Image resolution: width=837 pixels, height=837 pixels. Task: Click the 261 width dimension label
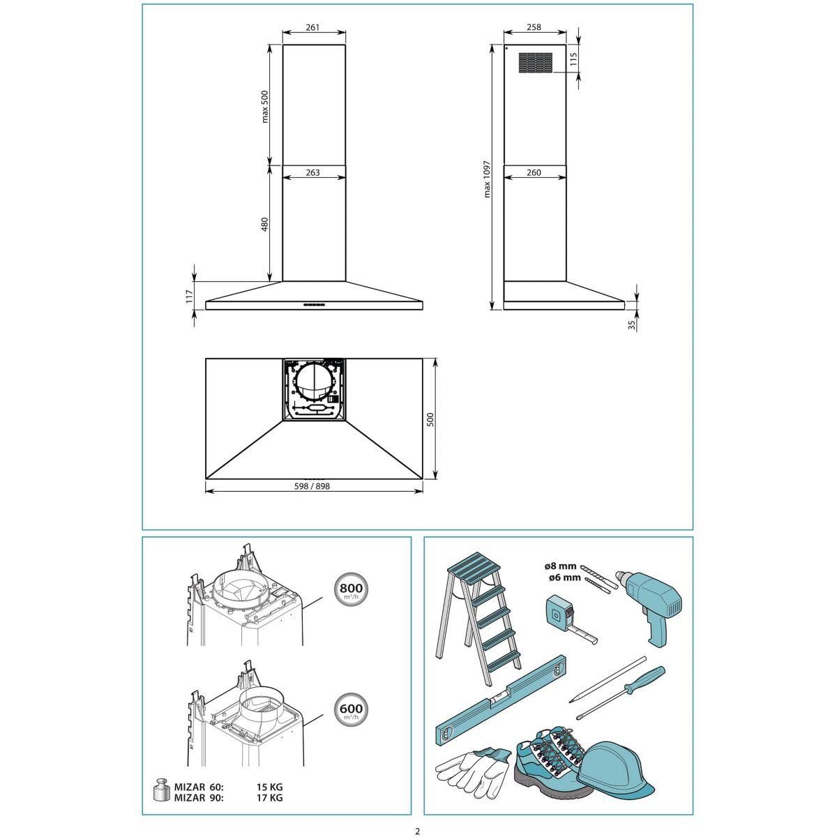tap(312, 27)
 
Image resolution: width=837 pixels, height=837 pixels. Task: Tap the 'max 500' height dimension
tap(265, 107)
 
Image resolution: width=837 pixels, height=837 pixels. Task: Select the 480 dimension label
tap(265, 224)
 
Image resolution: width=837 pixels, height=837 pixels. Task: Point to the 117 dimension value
tap(189, 296)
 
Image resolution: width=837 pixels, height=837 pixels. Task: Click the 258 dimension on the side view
tap(534, 27)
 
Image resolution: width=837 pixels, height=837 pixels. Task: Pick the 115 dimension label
tap(573, 59)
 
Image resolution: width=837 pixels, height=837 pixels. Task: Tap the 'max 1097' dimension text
tap(487, 179)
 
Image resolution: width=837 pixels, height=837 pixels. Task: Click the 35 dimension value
tap(632, 324)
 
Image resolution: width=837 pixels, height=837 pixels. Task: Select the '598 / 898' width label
tap(312, 486)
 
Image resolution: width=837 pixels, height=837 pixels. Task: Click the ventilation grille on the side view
tap(536, 63)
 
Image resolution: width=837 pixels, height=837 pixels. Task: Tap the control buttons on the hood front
tap(314, 305)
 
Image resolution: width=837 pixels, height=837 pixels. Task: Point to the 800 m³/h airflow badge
tap(351, 590)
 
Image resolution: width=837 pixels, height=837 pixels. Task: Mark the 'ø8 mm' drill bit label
tap(561, 566)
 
